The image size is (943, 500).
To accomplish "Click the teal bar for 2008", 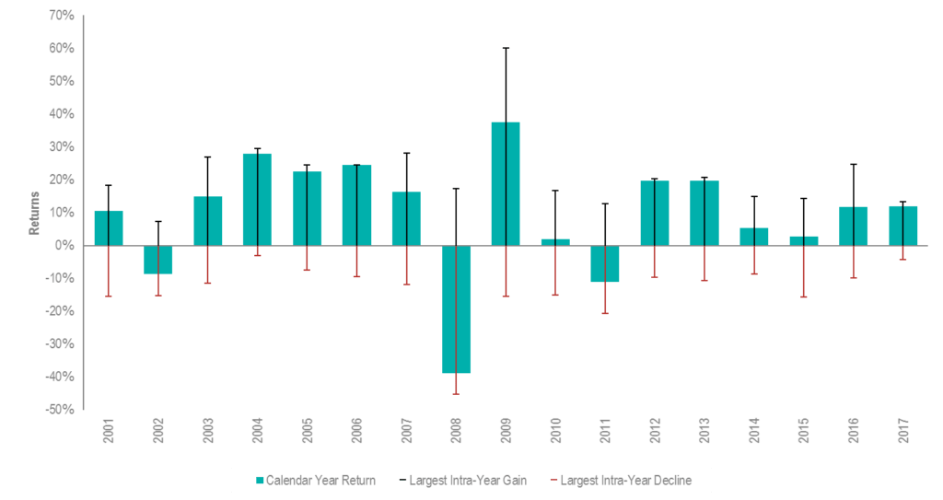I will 456,309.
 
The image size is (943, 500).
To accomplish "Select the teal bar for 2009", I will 506,183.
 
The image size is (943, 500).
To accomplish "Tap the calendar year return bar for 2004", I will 257,199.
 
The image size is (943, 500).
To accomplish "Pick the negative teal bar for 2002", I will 158,260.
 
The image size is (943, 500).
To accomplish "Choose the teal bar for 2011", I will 605,264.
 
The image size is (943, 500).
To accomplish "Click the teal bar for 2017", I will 902,226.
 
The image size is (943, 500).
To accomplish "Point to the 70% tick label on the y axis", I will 61,15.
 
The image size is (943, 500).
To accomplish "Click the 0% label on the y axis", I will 64,246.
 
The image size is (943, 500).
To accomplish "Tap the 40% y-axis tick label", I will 61,114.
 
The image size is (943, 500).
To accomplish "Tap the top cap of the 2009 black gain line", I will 506,48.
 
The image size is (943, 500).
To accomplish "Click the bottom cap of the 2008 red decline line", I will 456,393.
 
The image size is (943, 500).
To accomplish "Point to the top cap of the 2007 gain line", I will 406,153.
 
